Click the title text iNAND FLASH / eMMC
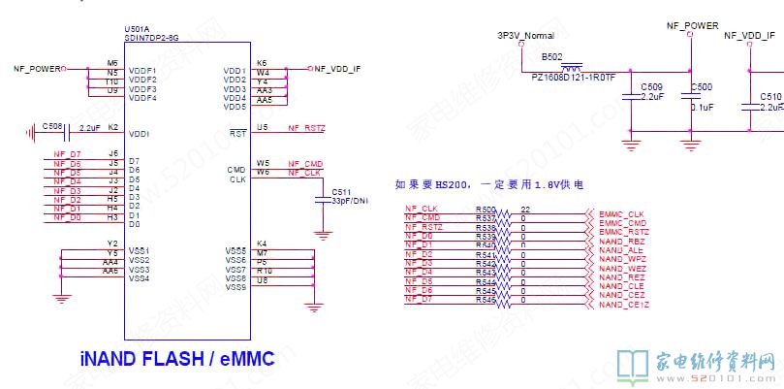[x=177, y=359]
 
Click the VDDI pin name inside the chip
[x=139, y=133]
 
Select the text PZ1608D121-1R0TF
[x=573, y=81]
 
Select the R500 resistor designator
[x=486, y=210]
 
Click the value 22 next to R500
[x=524, y=210]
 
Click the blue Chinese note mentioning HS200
[x=489, y=183]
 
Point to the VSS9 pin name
[x=235, y=287]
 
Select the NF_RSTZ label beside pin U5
[x=307, y=128]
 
